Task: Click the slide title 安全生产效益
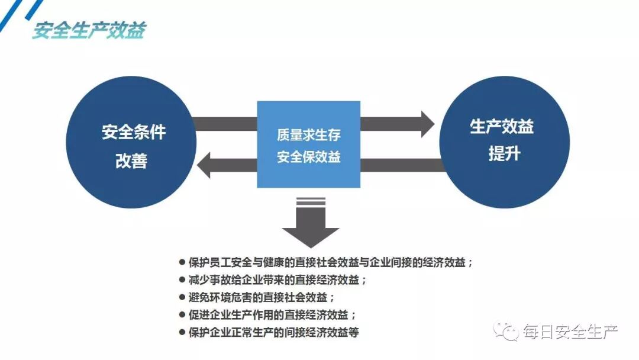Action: click(89, 30)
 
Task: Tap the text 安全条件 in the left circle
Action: click(133, 131)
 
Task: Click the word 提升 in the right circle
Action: click(504, 153)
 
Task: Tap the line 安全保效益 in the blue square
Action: click(308, 157)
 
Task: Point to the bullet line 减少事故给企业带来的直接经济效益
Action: click(277, 280)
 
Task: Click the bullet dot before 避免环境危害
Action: click(182, 297)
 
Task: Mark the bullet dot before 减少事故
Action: click(182, 280)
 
